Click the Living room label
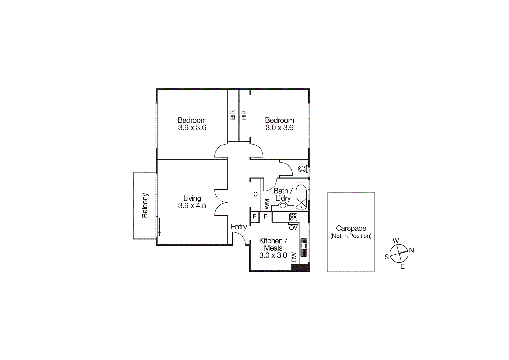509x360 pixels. coord(192,198)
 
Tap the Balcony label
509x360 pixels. coord(145,205)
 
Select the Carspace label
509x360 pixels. coord(351,228)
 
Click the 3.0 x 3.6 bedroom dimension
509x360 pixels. coord(279,128)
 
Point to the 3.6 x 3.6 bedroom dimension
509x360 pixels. coord(192,128)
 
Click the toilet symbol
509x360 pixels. coord(303,169)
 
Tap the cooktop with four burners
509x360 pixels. coord(293,217)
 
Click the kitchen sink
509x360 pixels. coord(303,247)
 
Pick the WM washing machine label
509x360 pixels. coord(267,204)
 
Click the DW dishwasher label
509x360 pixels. coord(294,257)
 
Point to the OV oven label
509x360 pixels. coord(293,228)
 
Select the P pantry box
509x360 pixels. coord(254,217)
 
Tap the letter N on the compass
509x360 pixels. coord(411,250)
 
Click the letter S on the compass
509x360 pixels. coord(387,257)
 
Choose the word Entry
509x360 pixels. coord(239,227)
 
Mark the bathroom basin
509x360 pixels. coord(283,206)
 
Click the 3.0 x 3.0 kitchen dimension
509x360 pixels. coord(273,255)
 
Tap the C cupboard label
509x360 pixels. coord(255,194)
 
